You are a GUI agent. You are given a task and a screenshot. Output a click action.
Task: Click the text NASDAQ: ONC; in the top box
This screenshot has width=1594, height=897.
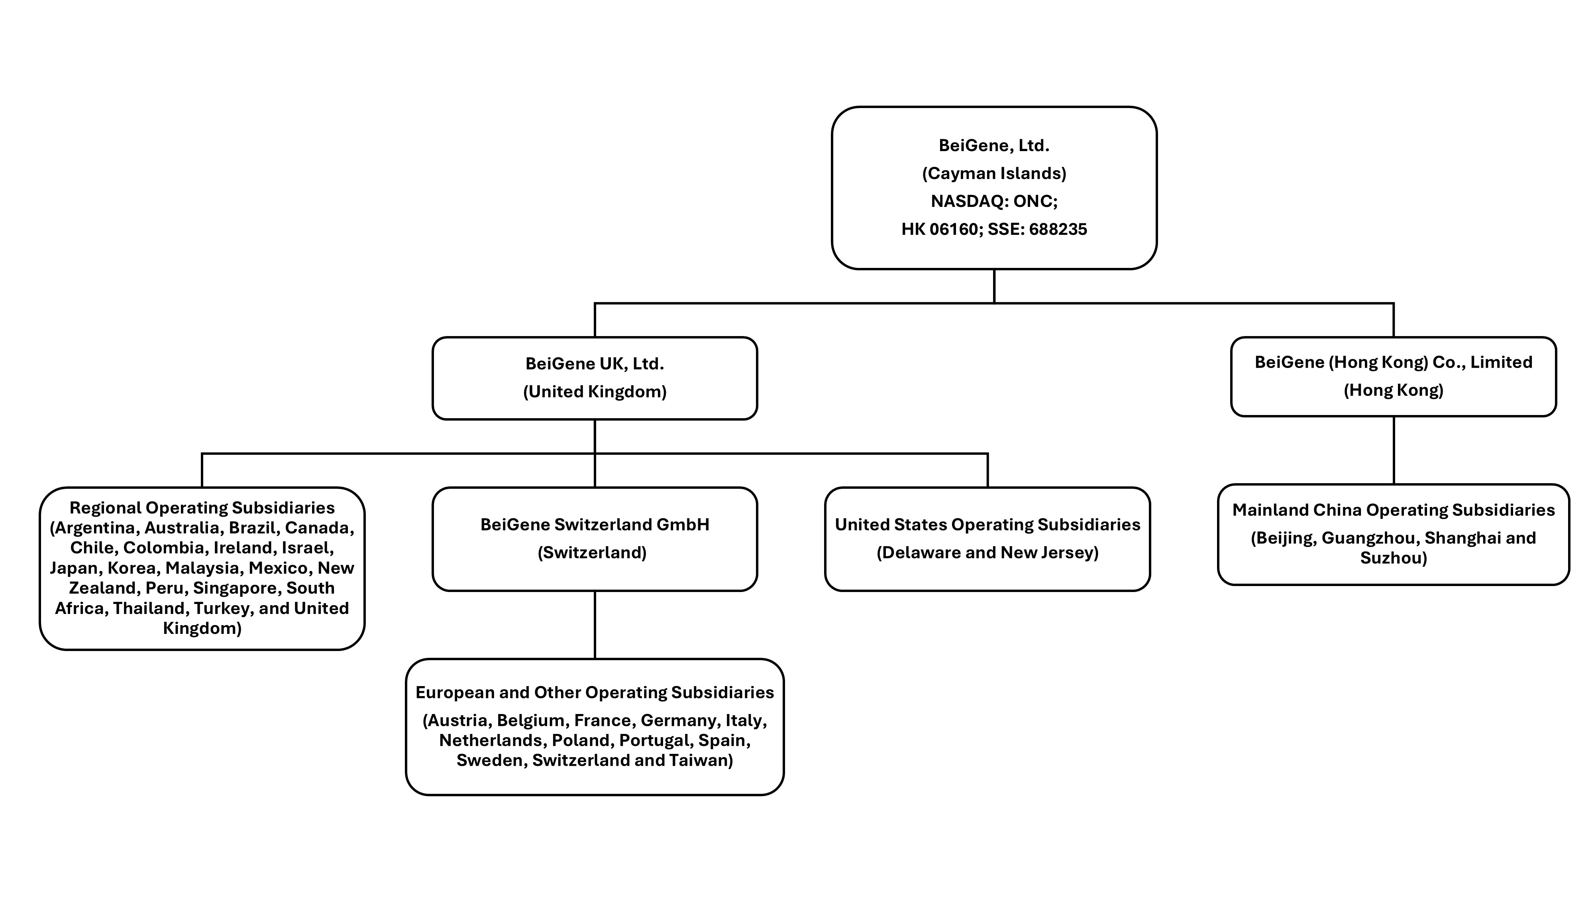point(994,201)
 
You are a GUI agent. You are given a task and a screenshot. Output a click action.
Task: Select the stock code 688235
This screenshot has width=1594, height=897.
point(1058,229)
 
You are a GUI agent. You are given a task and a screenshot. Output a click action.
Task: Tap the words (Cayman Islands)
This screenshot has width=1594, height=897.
point(994,173)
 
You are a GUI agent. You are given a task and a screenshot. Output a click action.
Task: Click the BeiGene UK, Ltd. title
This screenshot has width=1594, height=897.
point(594,363)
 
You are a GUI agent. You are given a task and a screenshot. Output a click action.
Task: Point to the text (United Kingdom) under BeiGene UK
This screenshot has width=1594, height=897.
point(594,391)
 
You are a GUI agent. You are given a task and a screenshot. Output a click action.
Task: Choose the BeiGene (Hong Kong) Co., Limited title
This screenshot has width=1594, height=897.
point(1393,362)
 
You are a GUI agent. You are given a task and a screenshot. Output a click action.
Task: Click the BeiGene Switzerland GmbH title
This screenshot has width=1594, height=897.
point(594,524)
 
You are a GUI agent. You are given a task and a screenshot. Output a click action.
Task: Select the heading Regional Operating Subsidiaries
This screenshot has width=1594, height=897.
point(202,508)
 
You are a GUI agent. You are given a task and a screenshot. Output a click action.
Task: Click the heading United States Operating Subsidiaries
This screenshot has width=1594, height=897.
point(987,524)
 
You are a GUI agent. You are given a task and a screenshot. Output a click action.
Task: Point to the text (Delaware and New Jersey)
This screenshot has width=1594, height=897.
point(987,552)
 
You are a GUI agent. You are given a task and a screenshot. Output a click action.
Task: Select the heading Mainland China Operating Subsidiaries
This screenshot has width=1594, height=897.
point(1393,509)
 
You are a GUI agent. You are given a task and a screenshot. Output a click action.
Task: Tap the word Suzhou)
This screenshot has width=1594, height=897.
point(1393,558)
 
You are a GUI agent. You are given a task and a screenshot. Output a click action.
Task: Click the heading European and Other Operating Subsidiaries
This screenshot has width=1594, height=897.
point(594,692)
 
